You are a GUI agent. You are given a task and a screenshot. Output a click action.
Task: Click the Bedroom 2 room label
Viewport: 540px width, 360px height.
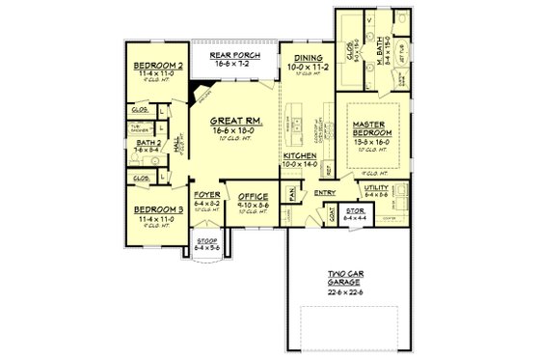pos(157,66)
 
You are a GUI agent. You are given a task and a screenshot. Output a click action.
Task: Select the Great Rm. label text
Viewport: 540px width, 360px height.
pos(231,121)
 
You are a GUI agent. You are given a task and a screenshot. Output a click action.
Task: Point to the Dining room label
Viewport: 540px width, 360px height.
pos(308,58)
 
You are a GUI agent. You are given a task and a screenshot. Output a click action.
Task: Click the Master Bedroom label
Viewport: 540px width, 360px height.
pos(370,128)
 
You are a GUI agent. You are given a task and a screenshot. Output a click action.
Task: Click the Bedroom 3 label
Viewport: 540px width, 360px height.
pos(157,209)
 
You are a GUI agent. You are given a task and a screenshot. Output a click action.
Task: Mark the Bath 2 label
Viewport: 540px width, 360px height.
pos(147,142)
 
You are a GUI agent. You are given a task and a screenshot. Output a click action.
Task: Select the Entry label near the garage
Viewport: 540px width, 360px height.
pos(325,192)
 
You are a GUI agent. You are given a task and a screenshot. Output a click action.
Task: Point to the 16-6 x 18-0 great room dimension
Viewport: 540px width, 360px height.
pos(231,130)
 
